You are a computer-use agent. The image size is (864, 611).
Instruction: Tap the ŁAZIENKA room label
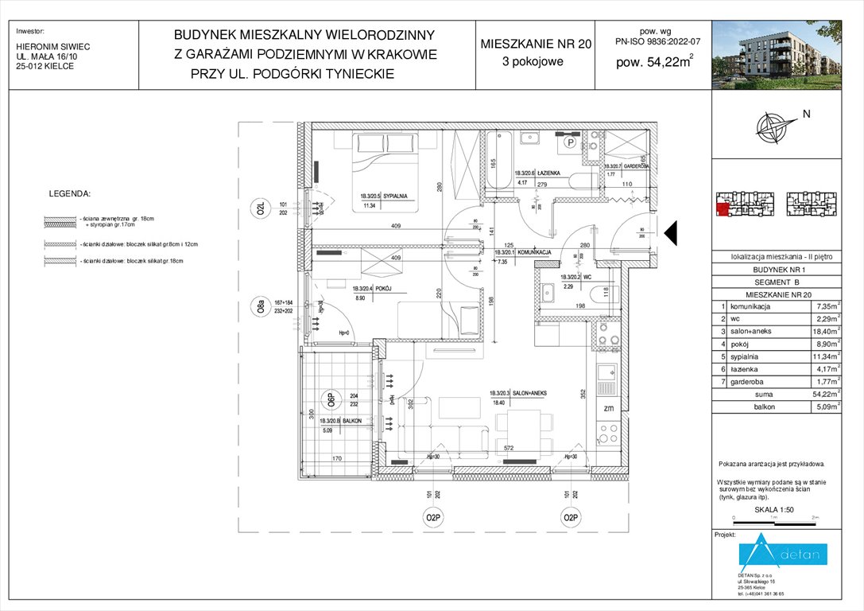point(549,173)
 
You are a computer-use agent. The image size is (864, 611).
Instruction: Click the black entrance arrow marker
point(669,232)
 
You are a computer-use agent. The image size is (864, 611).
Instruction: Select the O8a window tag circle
point(260,307)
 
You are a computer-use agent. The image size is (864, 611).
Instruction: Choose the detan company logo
point(784,555)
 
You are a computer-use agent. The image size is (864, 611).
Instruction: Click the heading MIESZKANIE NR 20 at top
point(536,45)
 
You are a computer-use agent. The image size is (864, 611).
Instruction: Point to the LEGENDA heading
point(70,193)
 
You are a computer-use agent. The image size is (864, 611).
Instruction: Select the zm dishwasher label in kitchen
point(608,408)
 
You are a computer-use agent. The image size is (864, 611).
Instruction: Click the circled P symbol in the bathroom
point(571,143)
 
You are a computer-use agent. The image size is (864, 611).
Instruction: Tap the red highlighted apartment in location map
point(722,210)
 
